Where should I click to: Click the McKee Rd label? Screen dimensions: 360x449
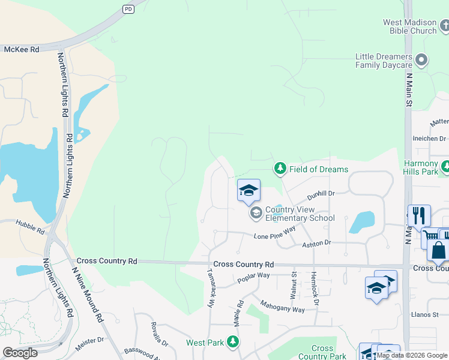[21, 50]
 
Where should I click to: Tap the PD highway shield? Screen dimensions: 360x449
[128, 8]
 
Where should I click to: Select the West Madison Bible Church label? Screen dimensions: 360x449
[410, 26]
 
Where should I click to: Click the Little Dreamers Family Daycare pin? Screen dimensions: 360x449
[422, 60]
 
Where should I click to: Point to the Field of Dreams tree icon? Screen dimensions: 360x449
[280, 169]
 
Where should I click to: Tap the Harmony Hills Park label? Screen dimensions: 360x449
[421, 167]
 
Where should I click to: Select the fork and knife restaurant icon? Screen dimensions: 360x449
[419, 215]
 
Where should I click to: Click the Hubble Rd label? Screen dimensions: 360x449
[29, 227]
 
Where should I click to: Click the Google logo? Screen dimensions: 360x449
[20, 353]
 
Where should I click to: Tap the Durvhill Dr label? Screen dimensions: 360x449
[321, 194]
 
